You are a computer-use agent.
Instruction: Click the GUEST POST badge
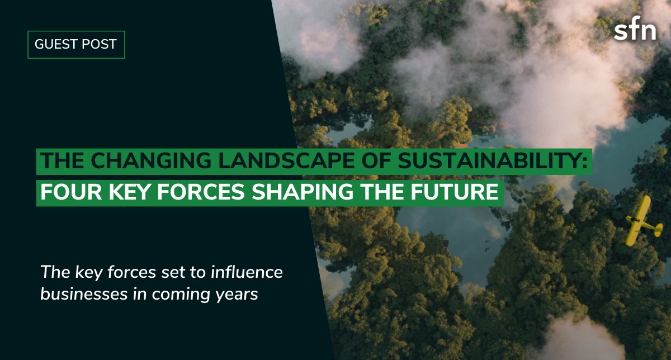(76, 45)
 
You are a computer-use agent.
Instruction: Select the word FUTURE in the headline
(453, 192)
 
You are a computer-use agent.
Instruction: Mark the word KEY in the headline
(128, 192)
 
